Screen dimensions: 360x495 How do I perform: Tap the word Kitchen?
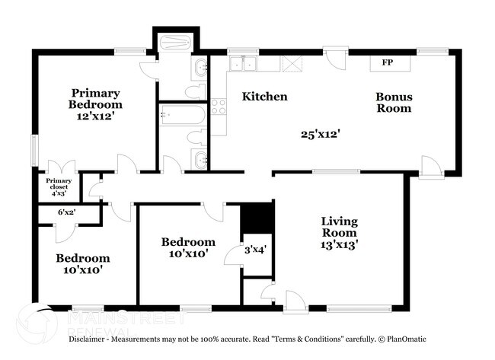[x=264, y=97]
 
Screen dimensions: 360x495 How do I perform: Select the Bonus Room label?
[x=394, y=103]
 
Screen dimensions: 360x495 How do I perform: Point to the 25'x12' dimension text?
[x=320, y=134]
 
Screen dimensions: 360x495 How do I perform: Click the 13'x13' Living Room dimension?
[x=339, y=245]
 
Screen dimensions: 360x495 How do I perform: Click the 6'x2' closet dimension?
[x=68, y=212]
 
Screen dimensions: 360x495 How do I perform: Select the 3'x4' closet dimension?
[x=255, y=249]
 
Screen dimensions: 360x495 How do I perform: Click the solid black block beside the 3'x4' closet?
[x=257, y=218]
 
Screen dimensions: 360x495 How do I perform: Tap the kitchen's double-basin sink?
[x=243, y=62]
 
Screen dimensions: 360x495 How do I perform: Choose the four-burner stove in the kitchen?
[x=219, y=107]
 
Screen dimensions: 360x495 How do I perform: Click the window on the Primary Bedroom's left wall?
[x=34, y=150]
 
